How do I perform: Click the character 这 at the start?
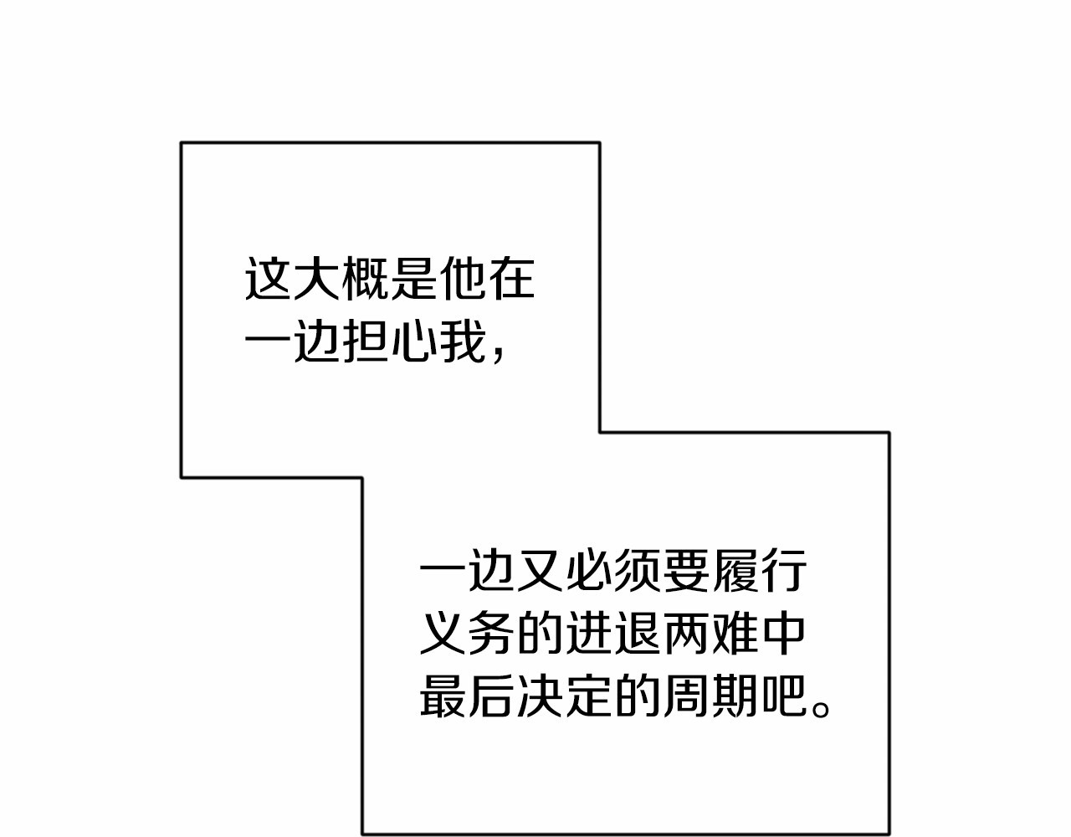[267, 278]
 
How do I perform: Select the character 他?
[463, 278]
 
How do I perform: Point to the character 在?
[511, 278]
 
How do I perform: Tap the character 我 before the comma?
[463, 341]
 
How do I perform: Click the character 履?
[735, 570]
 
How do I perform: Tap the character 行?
[784, 570]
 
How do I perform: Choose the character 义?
[442, 633]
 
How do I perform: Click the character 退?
[638, 633]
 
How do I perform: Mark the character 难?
[735, 633]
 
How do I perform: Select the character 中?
[784, 633]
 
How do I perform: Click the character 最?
[442, 696]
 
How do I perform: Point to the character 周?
[686, 696]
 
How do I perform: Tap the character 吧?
[784, 696]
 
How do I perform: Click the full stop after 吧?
[821, 709]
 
